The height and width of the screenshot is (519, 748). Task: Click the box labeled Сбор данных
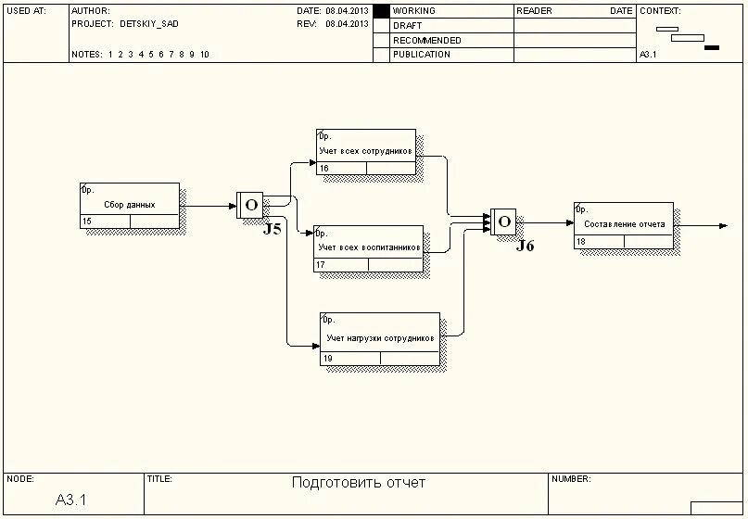point(129,205)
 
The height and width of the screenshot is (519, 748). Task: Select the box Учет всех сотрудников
point(365,151)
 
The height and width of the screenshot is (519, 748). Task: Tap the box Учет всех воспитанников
point(368,247)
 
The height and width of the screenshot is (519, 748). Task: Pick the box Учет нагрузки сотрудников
point(379,338)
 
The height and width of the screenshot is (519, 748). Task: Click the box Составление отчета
point(623,224)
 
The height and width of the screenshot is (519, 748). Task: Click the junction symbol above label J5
point(250,205)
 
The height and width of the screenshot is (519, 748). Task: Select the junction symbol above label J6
point(503,221)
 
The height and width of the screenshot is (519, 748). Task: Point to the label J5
point(272,229)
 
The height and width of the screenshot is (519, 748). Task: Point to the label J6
point(525,246)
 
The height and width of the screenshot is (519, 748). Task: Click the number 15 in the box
point(87,222)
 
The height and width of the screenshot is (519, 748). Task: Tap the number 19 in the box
point(328,359)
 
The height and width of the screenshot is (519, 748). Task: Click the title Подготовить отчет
point(358,483)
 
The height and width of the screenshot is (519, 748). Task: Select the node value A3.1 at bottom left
point(70,500)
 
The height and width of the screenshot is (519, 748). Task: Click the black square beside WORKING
point(381,11)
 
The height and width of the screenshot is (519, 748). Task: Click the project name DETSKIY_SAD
point(149,24)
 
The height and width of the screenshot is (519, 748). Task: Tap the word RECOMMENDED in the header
point(426,41)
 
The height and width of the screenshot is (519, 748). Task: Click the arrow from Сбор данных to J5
point(209,206)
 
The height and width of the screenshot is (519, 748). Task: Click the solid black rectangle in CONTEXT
point(711,47)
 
